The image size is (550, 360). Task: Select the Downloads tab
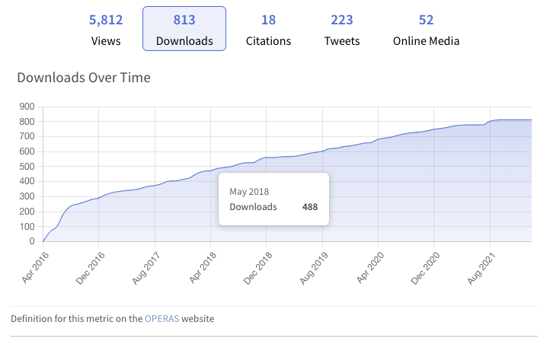[184, 29]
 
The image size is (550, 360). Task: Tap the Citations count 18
[267, 20]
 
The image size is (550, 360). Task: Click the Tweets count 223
[342, 20]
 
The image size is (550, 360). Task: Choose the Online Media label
[426, 40]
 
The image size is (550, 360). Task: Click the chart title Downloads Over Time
[84, 78]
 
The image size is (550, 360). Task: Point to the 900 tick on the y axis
[27, 107]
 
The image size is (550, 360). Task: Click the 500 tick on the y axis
[27, 167]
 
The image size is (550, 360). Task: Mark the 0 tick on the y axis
[33, 241]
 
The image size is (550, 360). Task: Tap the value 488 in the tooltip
[309, 206]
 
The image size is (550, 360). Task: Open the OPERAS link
[161, 318]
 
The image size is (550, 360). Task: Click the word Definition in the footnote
[31, 318]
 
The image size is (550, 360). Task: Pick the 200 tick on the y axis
[27, 212]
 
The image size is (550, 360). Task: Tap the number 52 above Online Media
[426, 20]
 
